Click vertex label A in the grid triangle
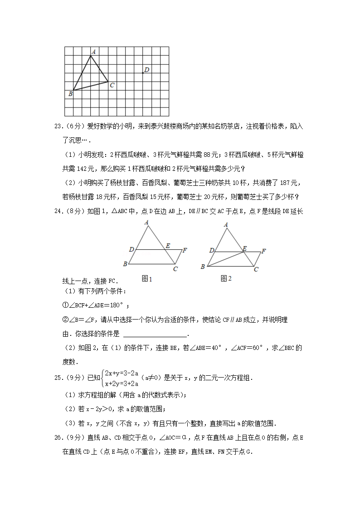pos(93,52)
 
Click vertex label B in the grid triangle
pos(70,94)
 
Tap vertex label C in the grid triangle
pos(112,85)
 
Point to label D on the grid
pos(147,69)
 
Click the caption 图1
pos(146,279)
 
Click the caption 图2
pos(226,279)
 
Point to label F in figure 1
pos(185,250)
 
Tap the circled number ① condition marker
pos(65,305)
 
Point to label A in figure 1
pos(147,222)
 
